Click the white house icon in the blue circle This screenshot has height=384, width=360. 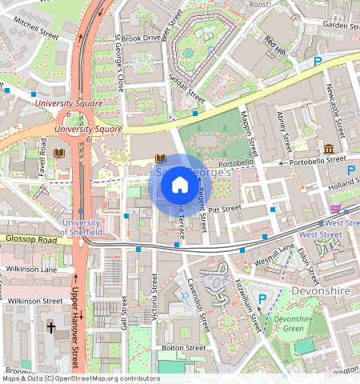tap(180, 186)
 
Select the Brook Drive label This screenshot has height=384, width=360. tap(142, 38)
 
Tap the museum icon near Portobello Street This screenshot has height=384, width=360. tap(329, 149)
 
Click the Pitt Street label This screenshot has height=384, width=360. tap(225, 208)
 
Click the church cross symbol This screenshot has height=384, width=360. tap(51, 326)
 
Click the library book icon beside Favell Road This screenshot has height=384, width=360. tap(58, 152)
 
